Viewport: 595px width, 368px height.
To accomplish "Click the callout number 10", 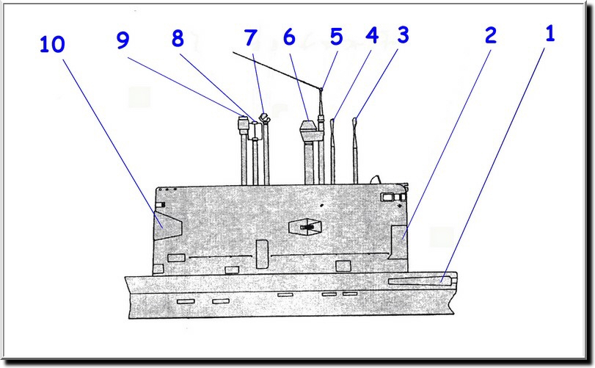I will pos(51,46).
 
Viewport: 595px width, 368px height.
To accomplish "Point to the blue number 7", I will pos(252,38).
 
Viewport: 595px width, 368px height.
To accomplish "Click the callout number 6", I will pos(288,38).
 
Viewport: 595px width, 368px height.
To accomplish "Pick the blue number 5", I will pos(336,36).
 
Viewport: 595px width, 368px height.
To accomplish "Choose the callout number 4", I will pos(372,37).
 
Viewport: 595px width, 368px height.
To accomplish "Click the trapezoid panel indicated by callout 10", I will pos(167,224).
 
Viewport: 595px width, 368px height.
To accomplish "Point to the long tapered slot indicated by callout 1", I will pos(419,280).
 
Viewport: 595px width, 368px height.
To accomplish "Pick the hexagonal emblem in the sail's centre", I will pos(307,228).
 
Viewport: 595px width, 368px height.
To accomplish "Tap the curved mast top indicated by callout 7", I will pos(263,118).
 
